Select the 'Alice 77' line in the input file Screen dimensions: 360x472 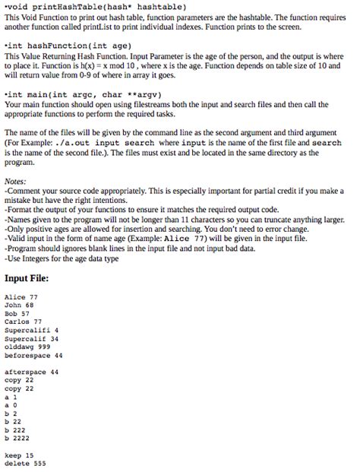(x=21, y=297)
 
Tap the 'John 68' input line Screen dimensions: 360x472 (x=20, y=305)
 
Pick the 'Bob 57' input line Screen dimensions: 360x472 (x=17, y=313)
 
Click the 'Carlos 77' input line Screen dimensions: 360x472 (x=24, y=321)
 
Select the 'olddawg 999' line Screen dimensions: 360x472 (x=27, y=346)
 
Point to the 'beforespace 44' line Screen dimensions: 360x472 (x=33, y=354)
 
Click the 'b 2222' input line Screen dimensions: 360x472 (x=17, y=437)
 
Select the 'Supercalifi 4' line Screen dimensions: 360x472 (x=31, y=330)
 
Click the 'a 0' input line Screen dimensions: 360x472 (x=10, y=404)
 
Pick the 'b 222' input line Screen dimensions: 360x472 (x=15, y=429)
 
